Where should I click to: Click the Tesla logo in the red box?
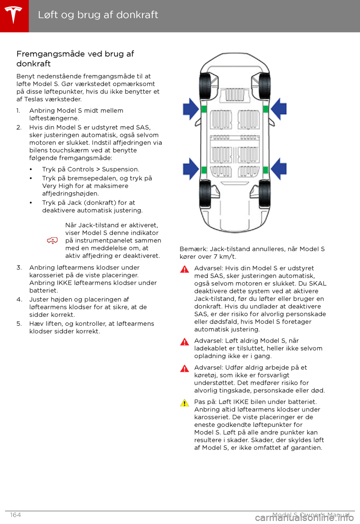[14, 15]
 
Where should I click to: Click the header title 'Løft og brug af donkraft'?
[98, 15]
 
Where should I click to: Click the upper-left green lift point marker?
[204, 109]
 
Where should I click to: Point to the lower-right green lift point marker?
[265, 170]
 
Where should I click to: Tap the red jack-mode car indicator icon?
[52, 240]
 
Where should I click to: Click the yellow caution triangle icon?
[184, 403]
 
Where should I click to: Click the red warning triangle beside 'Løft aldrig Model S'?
[184, 342]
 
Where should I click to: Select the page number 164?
[15, 515]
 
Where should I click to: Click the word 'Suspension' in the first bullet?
[120, 169]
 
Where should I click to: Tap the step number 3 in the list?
[19, 268]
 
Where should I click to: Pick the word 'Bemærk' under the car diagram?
[193, 249]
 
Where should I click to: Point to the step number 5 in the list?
[19, 324]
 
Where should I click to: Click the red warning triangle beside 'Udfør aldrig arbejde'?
[184, 369]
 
